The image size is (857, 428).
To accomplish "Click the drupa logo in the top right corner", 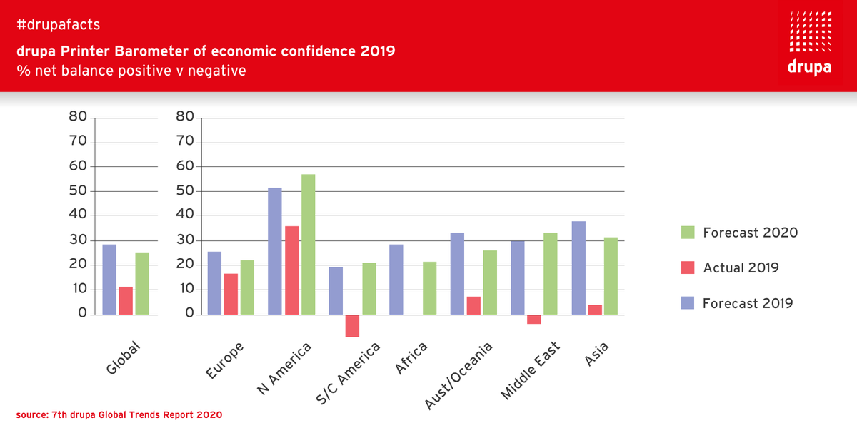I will [809, 43].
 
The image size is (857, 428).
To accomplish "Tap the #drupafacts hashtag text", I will [59, 25].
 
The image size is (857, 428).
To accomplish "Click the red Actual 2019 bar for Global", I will [126, 300].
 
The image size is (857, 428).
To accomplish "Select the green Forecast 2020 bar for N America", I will [308, 244].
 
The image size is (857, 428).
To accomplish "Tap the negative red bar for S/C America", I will [352, 325].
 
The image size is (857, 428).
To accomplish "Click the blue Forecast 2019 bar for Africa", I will [396, 279].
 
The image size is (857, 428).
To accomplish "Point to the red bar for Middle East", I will [534, 319].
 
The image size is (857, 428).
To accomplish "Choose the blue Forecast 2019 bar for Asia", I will [578, 267].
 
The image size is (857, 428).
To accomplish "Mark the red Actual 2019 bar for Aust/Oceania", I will [473, 305].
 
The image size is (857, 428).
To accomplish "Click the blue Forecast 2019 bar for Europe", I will [214, 282].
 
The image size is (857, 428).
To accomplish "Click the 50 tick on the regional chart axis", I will [184, 191].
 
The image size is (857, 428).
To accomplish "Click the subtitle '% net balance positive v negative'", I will [131, 71].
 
